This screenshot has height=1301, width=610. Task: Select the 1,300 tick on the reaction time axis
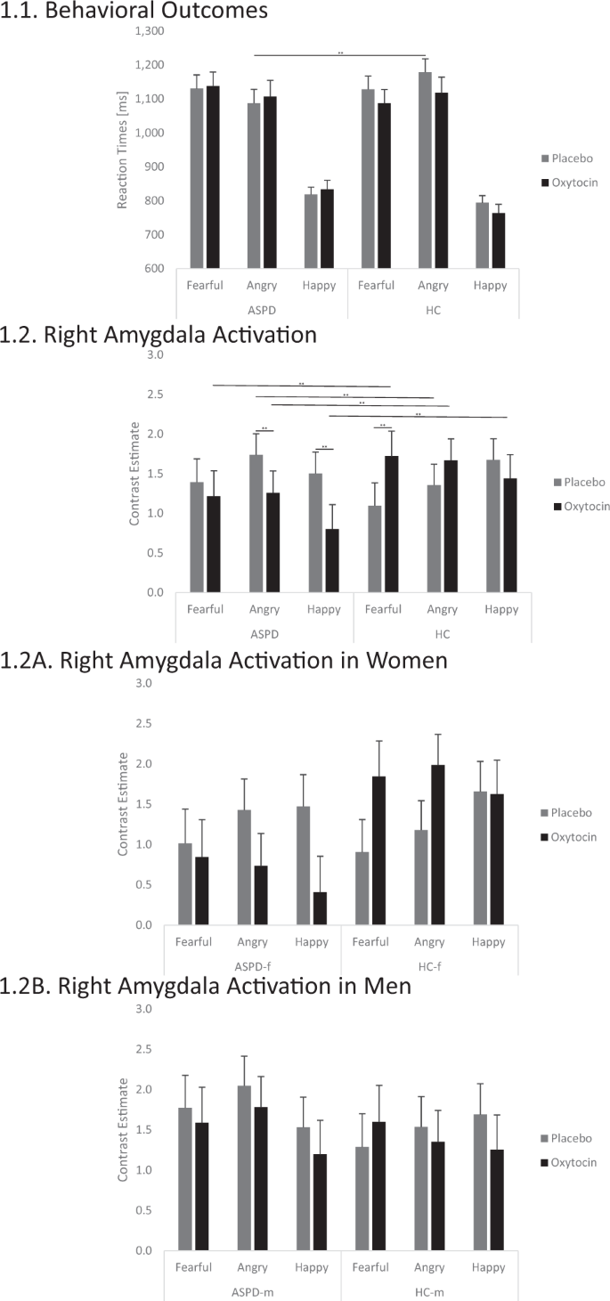(x=149, y=31)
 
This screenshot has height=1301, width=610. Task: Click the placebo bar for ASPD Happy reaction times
(x=311, y=231)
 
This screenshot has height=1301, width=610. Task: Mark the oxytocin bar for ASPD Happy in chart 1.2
(x=332, y=560)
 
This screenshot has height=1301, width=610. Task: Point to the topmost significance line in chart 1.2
(x=302, y=386)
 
